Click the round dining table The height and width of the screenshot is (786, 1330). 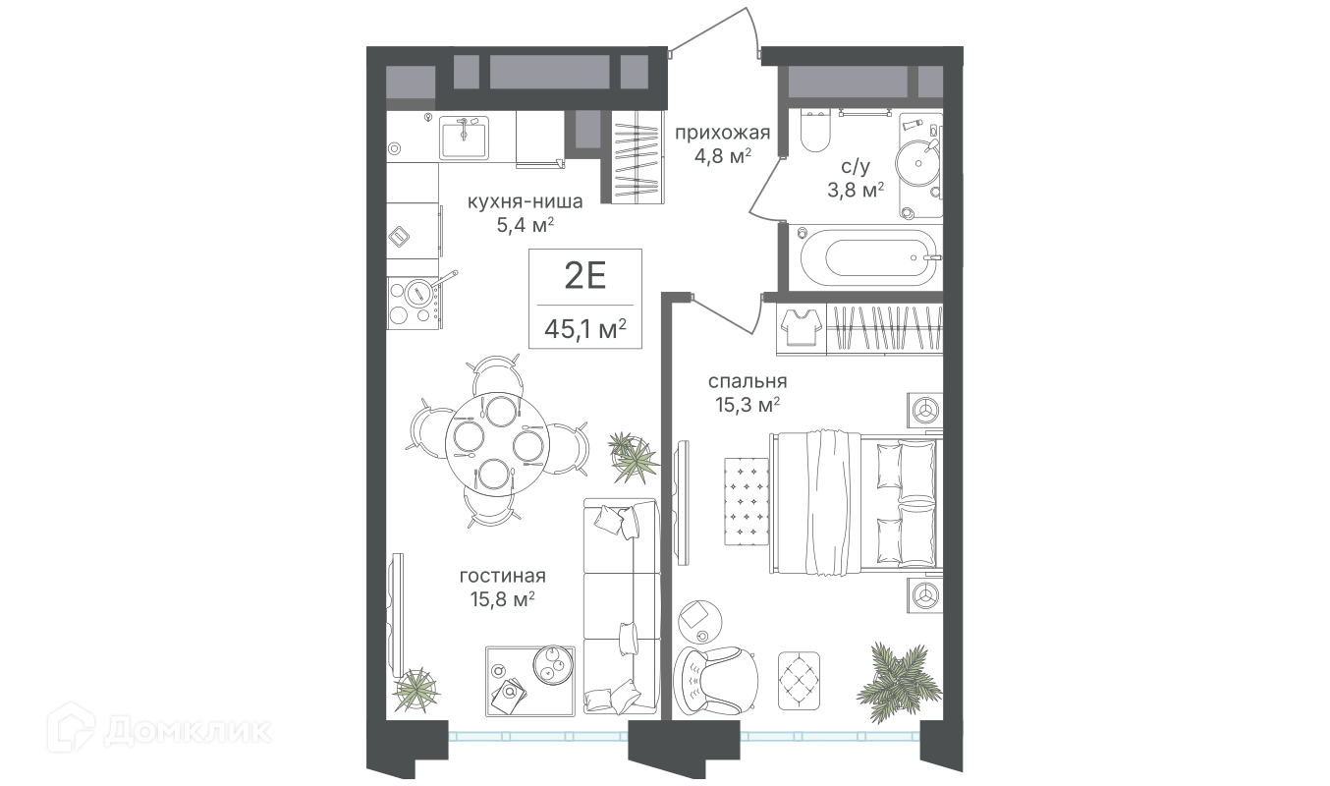coord(498,444)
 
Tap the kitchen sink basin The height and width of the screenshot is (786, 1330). coord(464,138)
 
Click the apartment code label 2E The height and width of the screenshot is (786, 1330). coord(584,276)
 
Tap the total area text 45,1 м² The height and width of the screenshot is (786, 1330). coord(585,328)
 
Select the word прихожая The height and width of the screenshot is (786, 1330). coord(723,133)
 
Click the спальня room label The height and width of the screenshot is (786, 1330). coord(748,381)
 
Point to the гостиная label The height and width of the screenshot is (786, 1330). coord(503,576)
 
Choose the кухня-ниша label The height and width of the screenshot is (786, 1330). coord(525,201)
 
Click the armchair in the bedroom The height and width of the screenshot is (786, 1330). coord(715,682)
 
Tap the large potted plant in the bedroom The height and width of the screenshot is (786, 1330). coord(899,682)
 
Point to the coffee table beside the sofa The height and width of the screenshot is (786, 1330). coord(530,681)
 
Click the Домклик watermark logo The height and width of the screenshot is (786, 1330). coord(159,731)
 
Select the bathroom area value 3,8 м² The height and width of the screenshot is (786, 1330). coord(856,190)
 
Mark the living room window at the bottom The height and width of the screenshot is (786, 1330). coord(538,737)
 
